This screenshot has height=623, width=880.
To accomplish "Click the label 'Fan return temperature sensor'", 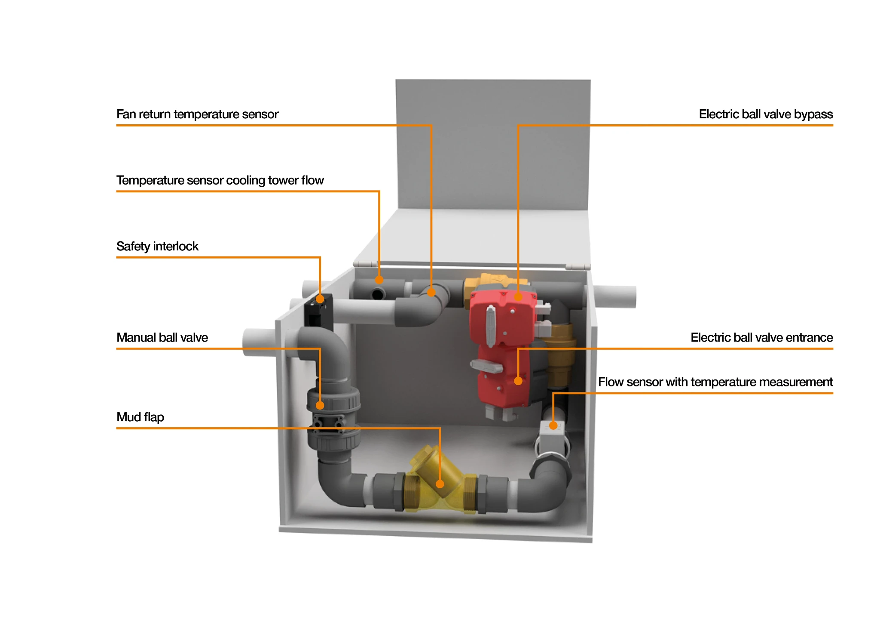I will [x=197, y=114].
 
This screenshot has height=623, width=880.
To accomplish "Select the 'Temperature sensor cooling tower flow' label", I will [x=220, y=180].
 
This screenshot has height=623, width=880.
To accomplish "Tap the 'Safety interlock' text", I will [x=157, y=247].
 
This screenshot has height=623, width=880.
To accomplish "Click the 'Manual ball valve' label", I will [x=162, y=338].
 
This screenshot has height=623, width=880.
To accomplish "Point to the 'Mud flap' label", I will [x=140, y=417].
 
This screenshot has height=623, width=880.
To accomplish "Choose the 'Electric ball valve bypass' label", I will [x=766, y=114].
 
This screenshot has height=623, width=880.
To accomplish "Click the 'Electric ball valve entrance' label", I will [x=761, y=338].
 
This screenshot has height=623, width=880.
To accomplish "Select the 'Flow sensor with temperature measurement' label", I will [x=715, y=382].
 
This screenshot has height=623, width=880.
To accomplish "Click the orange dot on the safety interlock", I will [x=320, y=299].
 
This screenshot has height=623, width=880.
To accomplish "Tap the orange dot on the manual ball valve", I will [x=320, y=405].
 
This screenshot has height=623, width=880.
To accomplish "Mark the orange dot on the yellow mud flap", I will [x=440, y=484].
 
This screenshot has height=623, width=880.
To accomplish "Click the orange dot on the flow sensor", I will [x=553, y=426].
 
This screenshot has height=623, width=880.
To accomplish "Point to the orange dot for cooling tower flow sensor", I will [x=379, y=280].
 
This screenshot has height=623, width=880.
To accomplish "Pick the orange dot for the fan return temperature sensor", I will [x=431, y=293].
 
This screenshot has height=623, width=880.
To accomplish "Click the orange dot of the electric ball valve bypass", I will [x=518, y=297].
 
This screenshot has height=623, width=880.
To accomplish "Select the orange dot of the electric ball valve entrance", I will [x=518, y=381].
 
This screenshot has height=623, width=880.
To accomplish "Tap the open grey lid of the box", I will [x=493, y=146].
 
